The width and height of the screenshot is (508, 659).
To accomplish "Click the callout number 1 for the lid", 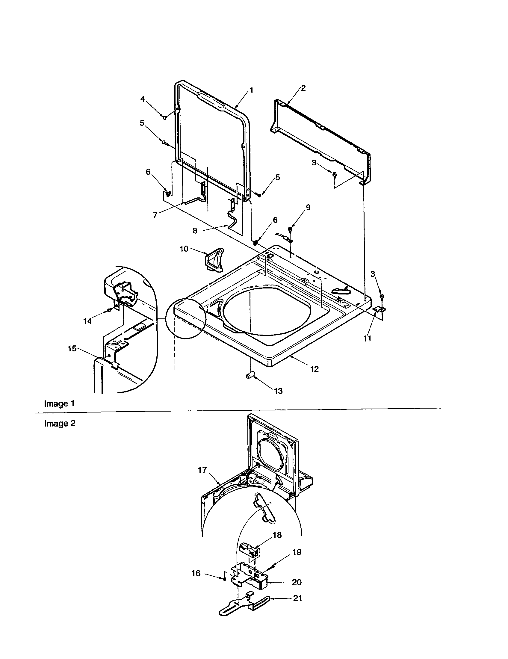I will [251, 90].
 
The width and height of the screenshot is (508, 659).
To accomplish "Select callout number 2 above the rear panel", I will [303, 88].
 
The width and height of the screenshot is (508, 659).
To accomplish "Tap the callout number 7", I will [155, 215].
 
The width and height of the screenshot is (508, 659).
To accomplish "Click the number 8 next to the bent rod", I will [195, 231].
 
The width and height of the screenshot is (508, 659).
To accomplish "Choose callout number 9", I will [308, 207].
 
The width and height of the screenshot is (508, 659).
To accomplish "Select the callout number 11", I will [367, 338].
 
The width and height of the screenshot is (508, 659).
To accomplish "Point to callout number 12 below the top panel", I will [314, 369].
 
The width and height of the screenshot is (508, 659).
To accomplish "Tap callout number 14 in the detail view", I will [87, 321].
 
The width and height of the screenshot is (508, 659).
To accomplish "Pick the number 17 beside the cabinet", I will [202, 470].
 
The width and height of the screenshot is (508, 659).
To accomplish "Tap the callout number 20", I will [297, 582].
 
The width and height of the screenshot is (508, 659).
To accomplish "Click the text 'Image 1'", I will [59, 403].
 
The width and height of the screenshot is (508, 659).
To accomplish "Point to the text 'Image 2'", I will [60, 424].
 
